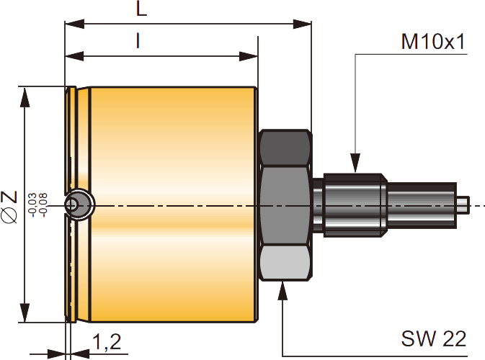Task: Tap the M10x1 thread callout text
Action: pos(433,41)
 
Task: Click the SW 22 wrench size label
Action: pos(435,338)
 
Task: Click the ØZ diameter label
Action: pos(10,205)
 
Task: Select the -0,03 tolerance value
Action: pos(32,204)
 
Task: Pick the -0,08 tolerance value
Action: pos(43,204)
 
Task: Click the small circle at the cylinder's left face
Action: pos(73,205)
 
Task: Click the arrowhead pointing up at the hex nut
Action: pos(282,289)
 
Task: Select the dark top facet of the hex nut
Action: pos(285,148)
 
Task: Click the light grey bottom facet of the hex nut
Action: pos(285,263)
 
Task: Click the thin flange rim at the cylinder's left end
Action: pos(71,144)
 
